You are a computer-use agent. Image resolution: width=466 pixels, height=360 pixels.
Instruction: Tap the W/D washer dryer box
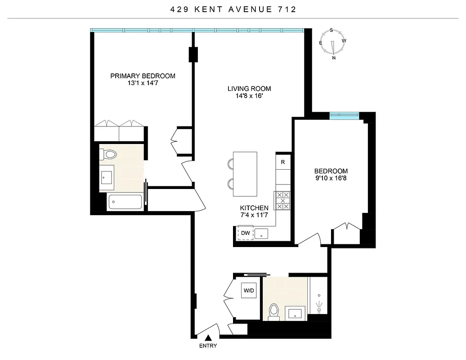pos(249,291)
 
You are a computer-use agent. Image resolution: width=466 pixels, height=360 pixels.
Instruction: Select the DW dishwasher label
pos(245,233)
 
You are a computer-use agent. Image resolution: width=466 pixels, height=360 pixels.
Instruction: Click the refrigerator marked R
pos(283,162)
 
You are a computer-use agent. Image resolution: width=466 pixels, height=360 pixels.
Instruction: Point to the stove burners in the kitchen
pos(282,201)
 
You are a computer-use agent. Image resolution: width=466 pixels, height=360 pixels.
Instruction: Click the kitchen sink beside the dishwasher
pos(262,234)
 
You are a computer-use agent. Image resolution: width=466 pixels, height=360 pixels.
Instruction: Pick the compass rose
pos(332,44)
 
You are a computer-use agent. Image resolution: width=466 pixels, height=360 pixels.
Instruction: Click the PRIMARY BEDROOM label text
pos(143,76)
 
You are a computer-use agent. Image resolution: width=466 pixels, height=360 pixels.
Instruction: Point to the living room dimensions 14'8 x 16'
pos(249,96)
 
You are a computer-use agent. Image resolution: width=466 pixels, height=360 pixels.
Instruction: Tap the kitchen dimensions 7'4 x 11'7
pos(254,215)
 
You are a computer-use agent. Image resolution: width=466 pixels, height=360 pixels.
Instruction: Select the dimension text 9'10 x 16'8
pos(331,178)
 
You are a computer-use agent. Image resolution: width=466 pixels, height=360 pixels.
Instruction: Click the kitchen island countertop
pos(245,174)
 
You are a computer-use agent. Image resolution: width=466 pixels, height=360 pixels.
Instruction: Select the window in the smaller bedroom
pos(344,116)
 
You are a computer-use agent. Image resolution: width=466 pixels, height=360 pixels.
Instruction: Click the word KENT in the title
pos(200,9)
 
